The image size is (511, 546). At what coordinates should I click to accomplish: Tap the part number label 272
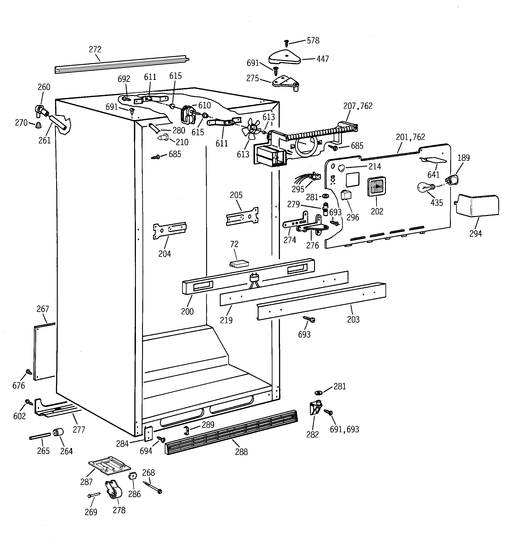[x=95, y=49]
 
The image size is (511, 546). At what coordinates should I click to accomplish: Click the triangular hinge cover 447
[x=284, y=57]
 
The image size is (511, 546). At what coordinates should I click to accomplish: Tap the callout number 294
[x=475, y=233]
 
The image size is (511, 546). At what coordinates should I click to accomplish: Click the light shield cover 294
[x=477, y=205]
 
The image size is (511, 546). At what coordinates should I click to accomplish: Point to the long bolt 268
[x=152, y=487]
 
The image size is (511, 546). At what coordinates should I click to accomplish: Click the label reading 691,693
[x=344, y=429]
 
